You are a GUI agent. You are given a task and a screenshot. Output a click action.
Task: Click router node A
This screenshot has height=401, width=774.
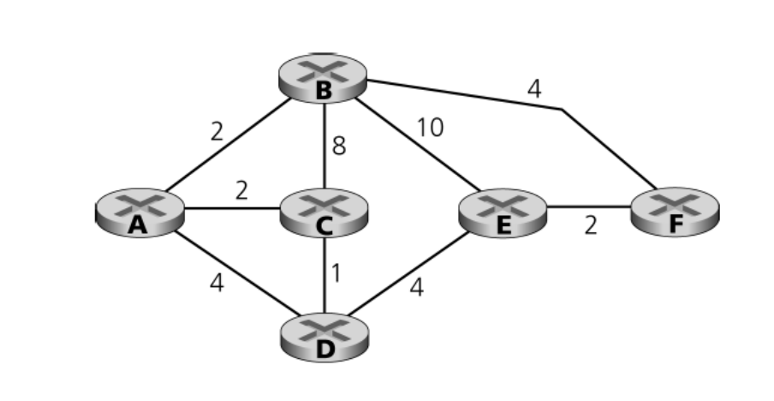click(138, 211)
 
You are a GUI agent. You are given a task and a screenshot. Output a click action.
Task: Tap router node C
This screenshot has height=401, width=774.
click(324, 211)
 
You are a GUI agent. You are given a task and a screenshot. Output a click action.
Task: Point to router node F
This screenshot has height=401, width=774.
click(676, 211)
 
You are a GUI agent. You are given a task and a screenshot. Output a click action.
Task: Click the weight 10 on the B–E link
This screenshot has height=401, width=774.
click(431, 128)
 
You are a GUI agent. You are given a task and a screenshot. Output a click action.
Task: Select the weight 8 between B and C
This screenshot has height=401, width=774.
click(339, 147)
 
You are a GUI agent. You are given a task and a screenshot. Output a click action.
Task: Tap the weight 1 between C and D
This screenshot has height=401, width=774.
click(336, 272)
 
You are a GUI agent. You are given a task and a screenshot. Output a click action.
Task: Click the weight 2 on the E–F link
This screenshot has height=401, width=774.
click(591, 226)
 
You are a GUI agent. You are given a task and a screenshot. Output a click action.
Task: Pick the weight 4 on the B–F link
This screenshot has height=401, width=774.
click(534, 89)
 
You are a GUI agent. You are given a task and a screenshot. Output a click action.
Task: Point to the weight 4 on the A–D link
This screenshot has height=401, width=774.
click(217, 283)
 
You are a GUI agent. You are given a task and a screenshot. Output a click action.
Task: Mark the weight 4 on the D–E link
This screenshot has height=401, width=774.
click(416, 287)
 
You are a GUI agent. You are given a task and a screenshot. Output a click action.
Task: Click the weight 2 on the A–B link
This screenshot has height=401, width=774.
click(217, 131)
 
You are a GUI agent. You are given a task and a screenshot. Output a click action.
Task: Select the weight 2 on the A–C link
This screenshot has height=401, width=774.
click(241, 190)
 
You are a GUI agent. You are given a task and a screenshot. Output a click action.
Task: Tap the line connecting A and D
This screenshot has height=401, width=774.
click(231, 274)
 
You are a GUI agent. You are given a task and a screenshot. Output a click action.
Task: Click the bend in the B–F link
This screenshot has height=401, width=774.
click(562, 110)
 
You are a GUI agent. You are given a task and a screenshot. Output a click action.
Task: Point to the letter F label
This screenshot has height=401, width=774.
click(676, 224)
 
